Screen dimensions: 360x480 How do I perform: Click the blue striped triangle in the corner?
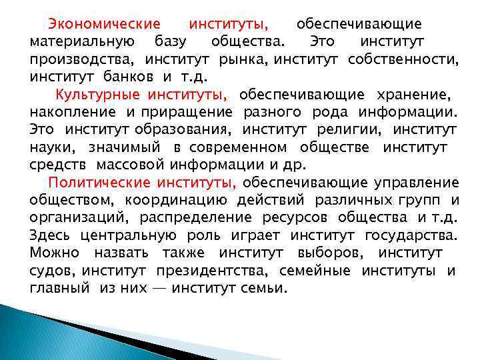[x=40, y=337]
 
